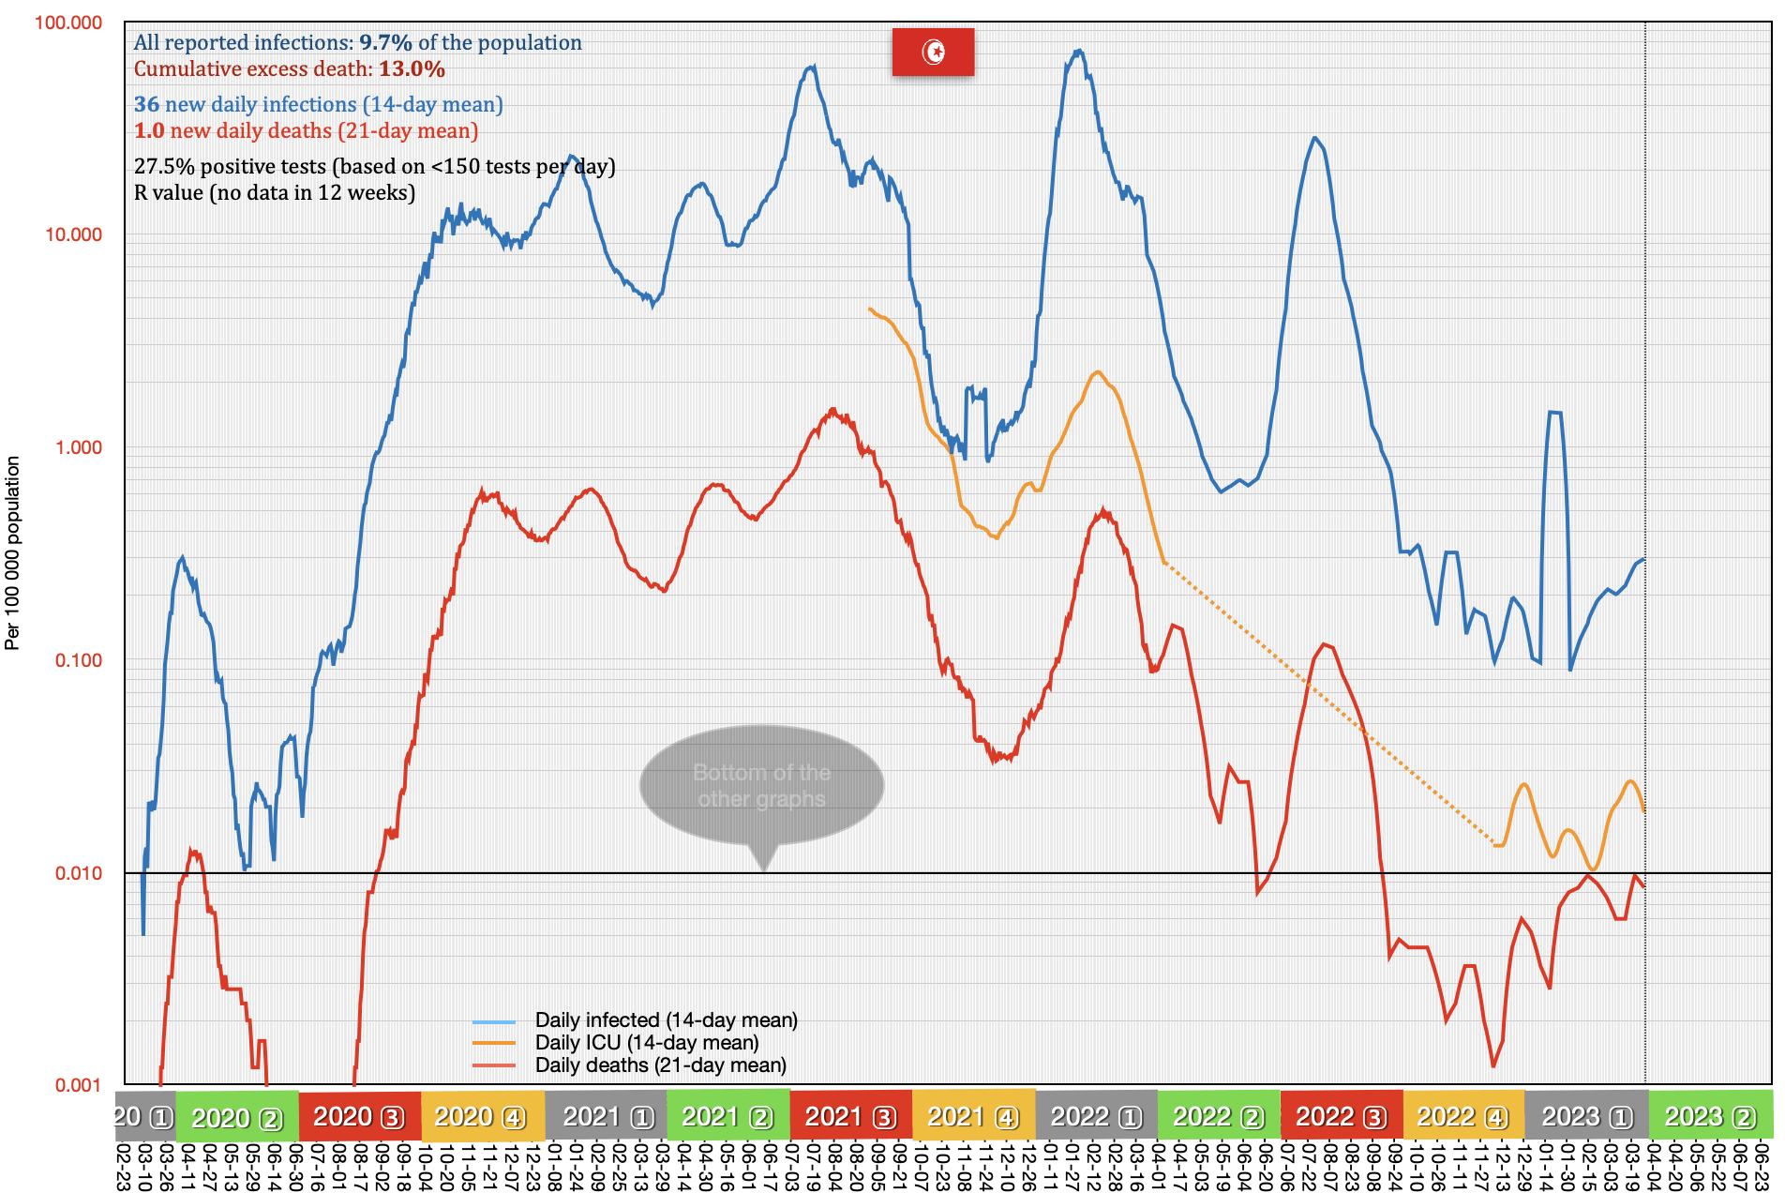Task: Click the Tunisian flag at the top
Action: (x=933, y=52)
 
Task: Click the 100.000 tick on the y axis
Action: (x=68, y=23)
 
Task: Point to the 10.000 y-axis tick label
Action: (x=73, y=234)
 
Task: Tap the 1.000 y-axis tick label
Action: (x=78, y=447)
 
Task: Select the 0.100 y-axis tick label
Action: (x=78, y=660)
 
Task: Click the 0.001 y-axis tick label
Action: (x=78, y=1085)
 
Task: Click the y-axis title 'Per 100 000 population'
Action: (x=12, y=553)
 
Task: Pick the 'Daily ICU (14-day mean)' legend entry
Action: (x=646, y=1042)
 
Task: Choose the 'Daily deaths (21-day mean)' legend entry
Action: (x=660, y=1065)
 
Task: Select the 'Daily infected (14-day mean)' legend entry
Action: (x=666, y=1019)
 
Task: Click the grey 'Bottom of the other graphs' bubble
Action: (x=761, y=786)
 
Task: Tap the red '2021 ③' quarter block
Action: (x=850, y=1116)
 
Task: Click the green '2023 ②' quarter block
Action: (x=1710, y=1116)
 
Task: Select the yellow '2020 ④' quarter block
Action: (x=482, y=1116)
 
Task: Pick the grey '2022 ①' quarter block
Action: (x=1096, y=1116)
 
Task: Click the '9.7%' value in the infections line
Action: (x=385, y=42)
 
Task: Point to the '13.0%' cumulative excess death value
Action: (x=412, y=68)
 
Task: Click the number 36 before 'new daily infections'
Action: (x=146, y=104)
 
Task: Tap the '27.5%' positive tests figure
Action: (x=164, y=166)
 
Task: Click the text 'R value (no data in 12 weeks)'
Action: (x=274, y=192)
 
